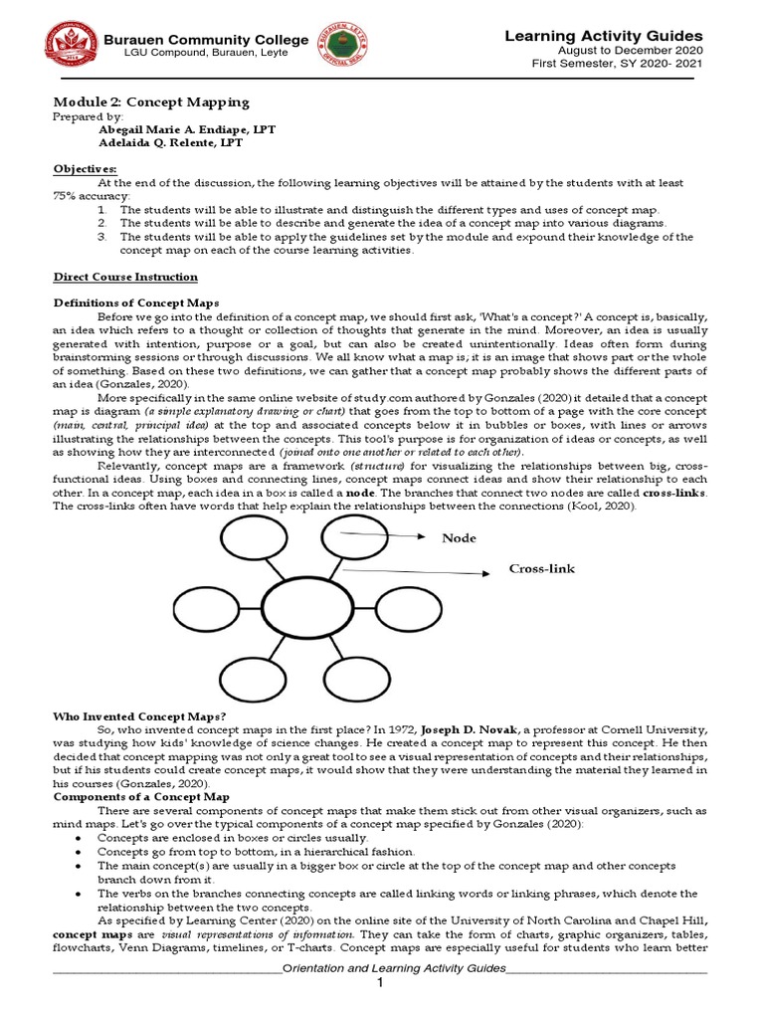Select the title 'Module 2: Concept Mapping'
pos(150,102)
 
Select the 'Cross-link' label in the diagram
pos(542,568)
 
